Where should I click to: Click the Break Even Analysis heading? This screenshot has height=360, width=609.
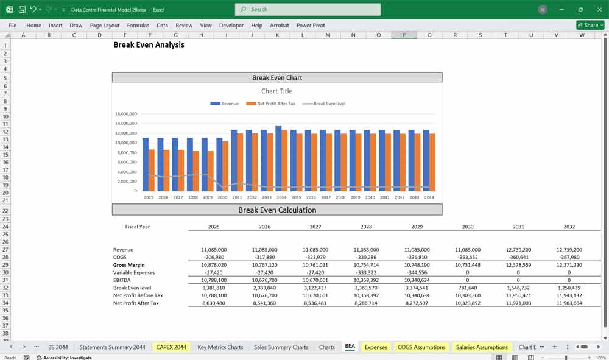pos(149,45)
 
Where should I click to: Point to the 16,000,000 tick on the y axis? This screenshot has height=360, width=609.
pos(125,114)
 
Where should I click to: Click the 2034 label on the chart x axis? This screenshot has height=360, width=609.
pos(281,197)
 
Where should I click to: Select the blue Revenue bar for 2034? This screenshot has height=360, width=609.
pos(278,158)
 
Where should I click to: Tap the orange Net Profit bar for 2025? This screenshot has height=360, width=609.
pos(152,170)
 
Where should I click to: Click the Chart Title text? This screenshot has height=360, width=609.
pos(277,91)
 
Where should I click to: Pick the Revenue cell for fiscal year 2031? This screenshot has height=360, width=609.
pos(518,250)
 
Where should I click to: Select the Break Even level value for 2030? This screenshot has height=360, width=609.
pos(468,288)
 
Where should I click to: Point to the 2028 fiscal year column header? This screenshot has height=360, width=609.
pos(366,227)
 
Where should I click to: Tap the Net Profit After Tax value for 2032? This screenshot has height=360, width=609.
pos(569,303)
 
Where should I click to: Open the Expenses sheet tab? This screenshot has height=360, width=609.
pos(376,347)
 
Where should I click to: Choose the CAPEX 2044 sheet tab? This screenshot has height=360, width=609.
pos(171,347)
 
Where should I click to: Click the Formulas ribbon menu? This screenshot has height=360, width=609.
pos(138,26)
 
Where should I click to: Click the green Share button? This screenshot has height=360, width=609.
pos(590,26)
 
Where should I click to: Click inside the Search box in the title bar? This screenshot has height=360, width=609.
pos(308,9)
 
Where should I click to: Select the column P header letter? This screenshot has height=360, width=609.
pos(404,35)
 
